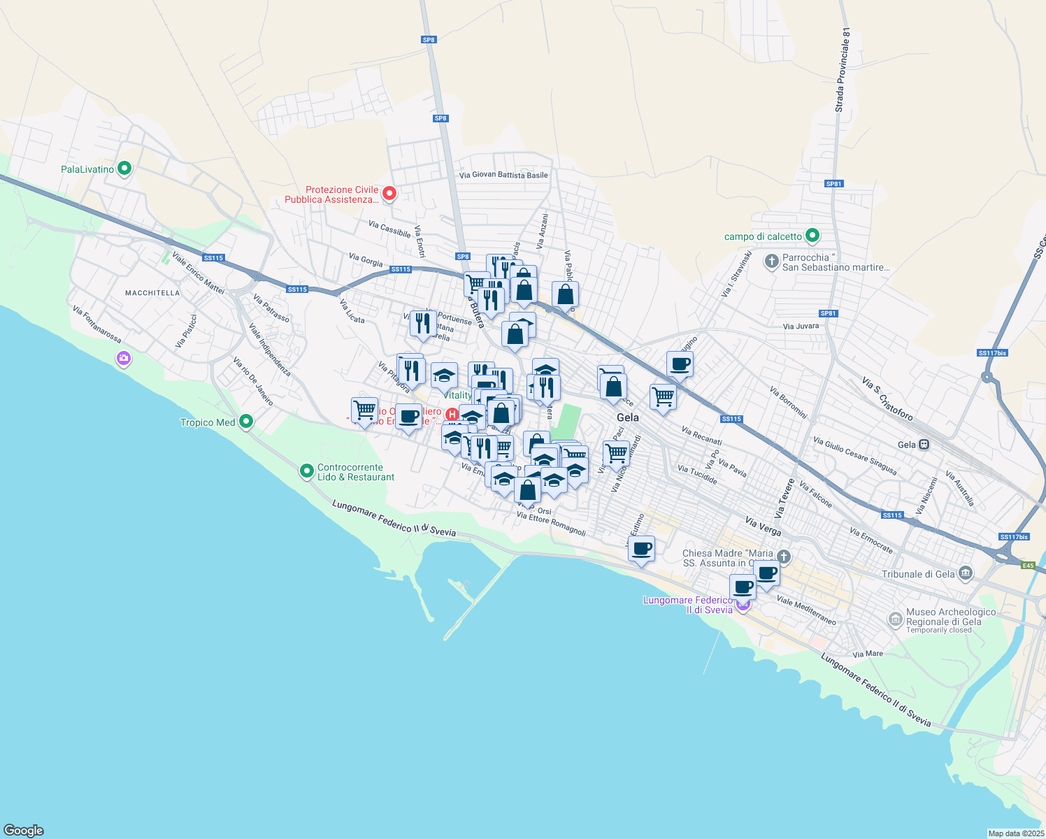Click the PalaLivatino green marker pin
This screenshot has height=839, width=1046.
point(124,168)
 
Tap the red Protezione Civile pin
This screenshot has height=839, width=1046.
point(389,193)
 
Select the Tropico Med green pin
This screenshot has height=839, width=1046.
point(246,422)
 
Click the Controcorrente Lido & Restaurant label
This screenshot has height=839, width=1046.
point(356,473)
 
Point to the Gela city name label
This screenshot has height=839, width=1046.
point(628,417)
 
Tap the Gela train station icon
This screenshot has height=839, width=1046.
point(924,445)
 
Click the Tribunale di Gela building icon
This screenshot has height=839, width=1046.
point(966,574)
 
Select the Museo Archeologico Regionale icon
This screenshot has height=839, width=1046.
point(895,619)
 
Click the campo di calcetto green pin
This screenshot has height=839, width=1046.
point(812,236)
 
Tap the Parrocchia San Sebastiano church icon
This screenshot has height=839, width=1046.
point(771,261)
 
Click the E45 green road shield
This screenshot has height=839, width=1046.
point(1028,565)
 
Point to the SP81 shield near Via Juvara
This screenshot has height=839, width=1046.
point(828,313)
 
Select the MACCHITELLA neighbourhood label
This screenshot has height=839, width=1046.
point(152,293)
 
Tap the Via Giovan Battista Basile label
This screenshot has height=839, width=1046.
point(503,175)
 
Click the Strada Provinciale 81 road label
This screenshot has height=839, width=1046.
point(843,70)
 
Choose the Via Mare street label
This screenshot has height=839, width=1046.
point(868,654)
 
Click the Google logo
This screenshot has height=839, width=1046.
point(24,831)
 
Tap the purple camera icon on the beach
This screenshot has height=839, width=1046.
point(124,359)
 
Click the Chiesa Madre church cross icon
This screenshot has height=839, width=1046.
point(784,557)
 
